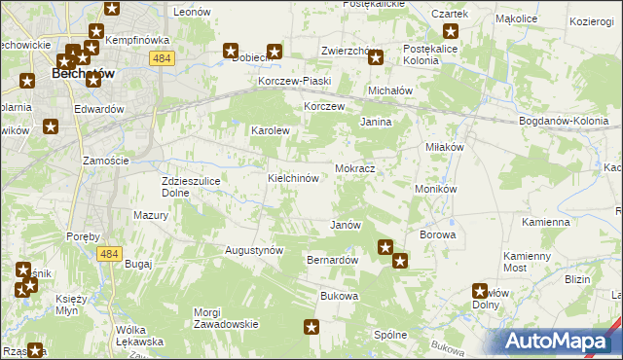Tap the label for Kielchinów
[293, 179]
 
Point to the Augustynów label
[254, 250]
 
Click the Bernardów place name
[333, 261]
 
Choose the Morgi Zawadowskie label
[225, 318]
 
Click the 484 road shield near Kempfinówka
[161, 59]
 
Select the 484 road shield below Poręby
[109, 254]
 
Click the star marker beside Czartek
[450, 31]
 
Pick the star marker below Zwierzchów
[376, 58]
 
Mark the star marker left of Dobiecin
[232, 52]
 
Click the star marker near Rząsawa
[36, 350]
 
